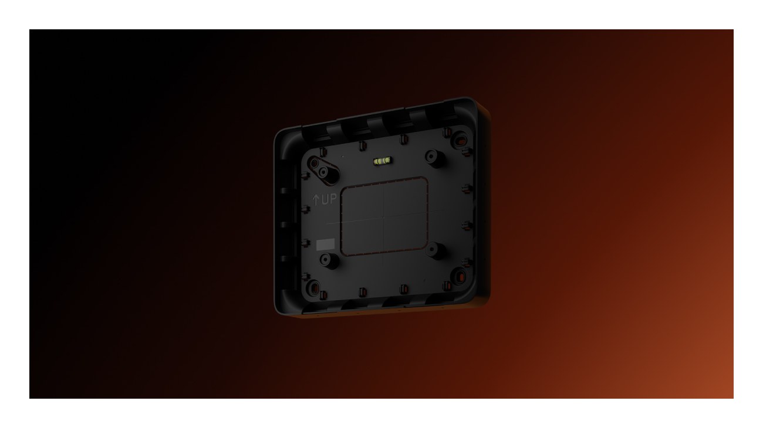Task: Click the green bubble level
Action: (x=383, y=161)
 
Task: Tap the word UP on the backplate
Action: (x=329, y=199)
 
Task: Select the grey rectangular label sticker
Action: (x=325, y=244)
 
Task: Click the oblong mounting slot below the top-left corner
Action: (x=323, y=169)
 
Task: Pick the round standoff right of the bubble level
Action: (x=434, y=157)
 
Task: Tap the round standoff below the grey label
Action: (x=328, y=260)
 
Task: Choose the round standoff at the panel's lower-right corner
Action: (x=435, y=250)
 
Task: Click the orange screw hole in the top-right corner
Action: (x=460, y=140)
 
